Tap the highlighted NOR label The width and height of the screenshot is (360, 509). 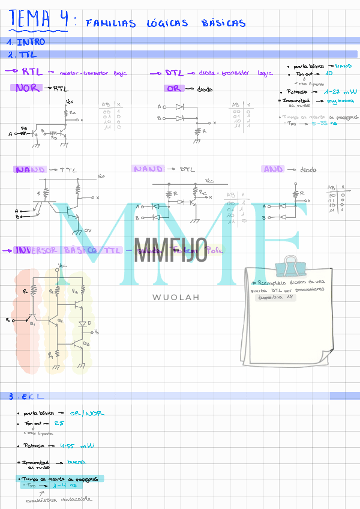pyautogui.click(x=28, y=88)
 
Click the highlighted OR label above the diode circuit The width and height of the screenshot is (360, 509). pyautogui.click(x=174, y=88)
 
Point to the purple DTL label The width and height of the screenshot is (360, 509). pyautogui.click(x=175, y=72)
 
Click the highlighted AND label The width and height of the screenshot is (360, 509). pyautogui.click(x=273, y=169)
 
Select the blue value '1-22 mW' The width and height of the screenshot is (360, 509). pyautogui.click(x=340, y=92)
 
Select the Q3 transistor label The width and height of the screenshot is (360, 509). pyautogui.click(x=86, y=344)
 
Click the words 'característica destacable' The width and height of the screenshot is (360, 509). pyautogui.click(x=59, y=499)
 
